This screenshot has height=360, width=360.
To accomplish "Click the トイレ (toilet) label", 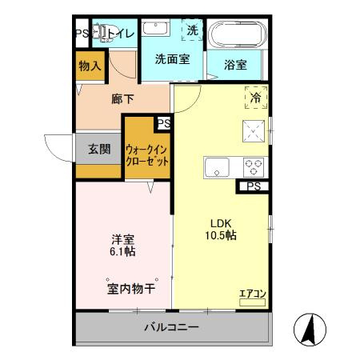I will pos(120,33).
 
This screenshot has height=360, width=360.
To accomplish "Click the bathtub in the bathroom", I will pos(237,35).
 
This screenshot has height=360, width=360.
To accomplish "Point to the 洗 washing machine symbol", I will pos(193,30).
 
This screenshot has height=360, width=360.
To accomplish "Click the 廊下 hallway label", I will pos(122,100).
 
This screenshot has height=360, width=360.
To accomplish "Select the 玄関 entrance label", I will pos(99,149).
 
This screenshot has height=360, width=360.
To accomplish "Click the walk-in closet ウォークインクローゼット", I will pos(147,154).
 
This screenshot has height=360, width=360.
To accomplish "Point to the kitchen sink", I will pos(218,167).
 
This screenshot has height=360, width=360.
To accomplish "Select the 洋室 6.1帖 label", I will pos(122,245).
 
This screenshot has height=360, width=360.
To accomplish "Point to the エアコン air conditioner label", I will pos(252,294).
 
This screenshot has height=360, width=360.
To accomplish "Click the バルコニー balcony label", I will pos(171,327).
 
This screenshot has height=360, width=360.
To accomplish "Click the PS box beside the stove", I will pos(253,187).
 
